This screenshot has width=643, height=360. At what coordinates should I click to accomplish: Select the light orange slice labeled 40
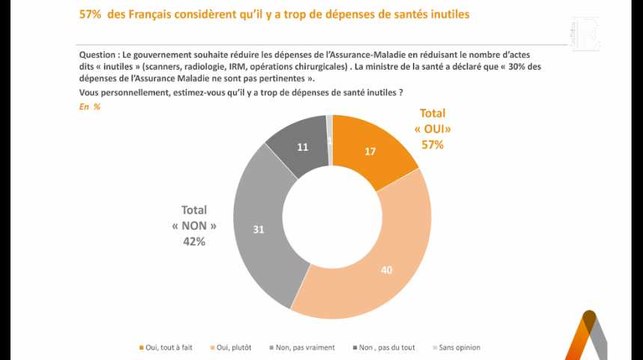click(385, 268)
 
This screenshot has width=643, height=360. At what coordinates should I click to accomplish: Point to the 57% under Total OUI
click(431, 145)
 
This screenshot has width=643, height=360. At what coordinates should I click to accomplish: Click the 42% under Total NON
click(193, 241)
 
